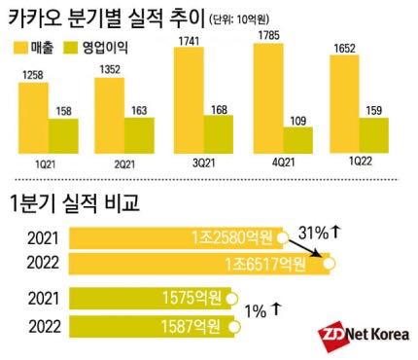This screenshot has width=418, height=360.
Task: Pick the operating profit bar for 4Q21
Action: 297,140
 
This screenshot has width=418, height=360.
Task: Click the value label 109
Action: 297,121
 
